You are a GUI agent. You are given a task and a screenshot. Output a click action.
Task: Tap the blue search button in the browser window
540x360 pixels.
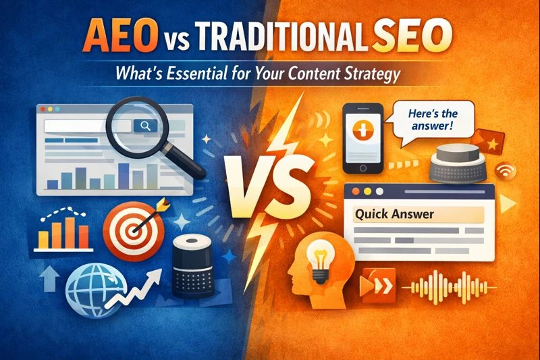[144, 126]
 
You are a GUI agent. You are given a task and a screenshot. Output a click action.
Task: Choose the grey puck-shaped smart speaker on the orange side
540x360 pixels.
[459, 164]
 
